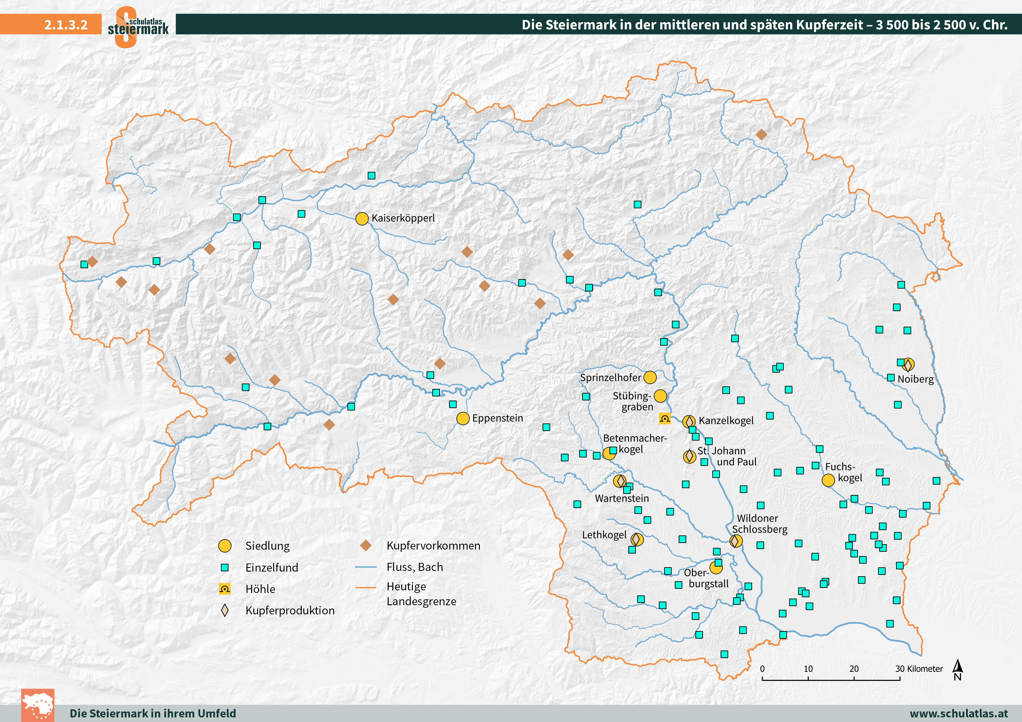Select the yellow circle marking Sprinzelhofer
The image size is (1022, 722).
pyautogui.click(x=650, y=377)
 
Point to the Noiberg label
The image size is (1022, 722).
pyautogui.click(x=915, y=379)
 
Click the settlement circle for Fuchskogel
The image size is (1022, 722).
pyautogui.click(x=828, y=480)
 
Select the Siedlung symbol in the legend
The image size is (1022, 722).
pyautogui.click(x=225, y=546)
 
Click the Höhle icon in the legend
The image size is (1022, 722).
pyautogui.click(x=225, y=589)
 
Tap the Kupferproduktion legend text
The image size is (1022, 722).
pyautogui.click(x=290, y=610)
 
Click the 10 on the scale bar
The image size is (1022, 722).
pyautogui.click(x=808, y=669)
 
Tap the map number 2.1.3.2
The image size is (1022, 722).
pyautogui.click(x=66, y=24)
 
